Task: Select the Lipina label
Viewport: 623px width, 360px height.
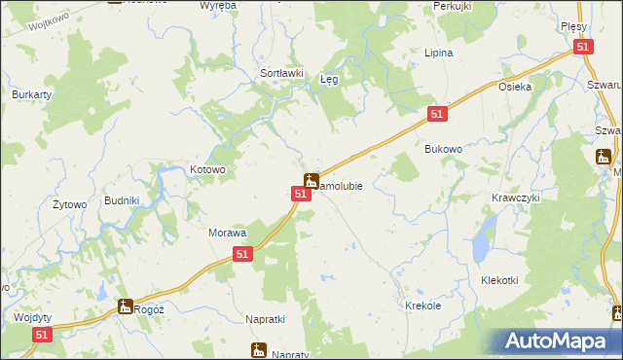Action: (439, 53)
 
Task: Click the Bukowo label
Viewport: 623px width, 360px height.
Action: (443, 149)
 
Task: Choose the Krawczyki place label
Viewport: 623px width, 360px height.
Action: (516, 197)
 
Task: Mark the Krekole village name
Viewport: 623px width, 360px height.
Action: (423, 306)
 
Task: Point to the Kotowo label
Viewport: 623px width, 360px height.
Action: (207, 169)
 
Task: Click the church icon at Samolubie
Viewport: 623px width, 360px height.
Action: (311, 180)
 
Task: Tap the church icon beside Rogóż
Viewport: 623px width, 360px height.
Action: (125, 306)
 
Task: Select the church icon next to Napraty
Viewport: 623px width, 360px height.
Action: (258, 349)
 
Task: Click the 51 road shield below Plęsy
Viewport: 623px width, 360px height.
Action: (582, 46)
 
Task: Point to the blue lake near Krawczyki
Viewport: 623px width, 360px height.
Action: (482, 245)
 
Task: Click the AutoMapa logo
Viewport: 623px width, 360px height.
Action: (558, 342)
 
